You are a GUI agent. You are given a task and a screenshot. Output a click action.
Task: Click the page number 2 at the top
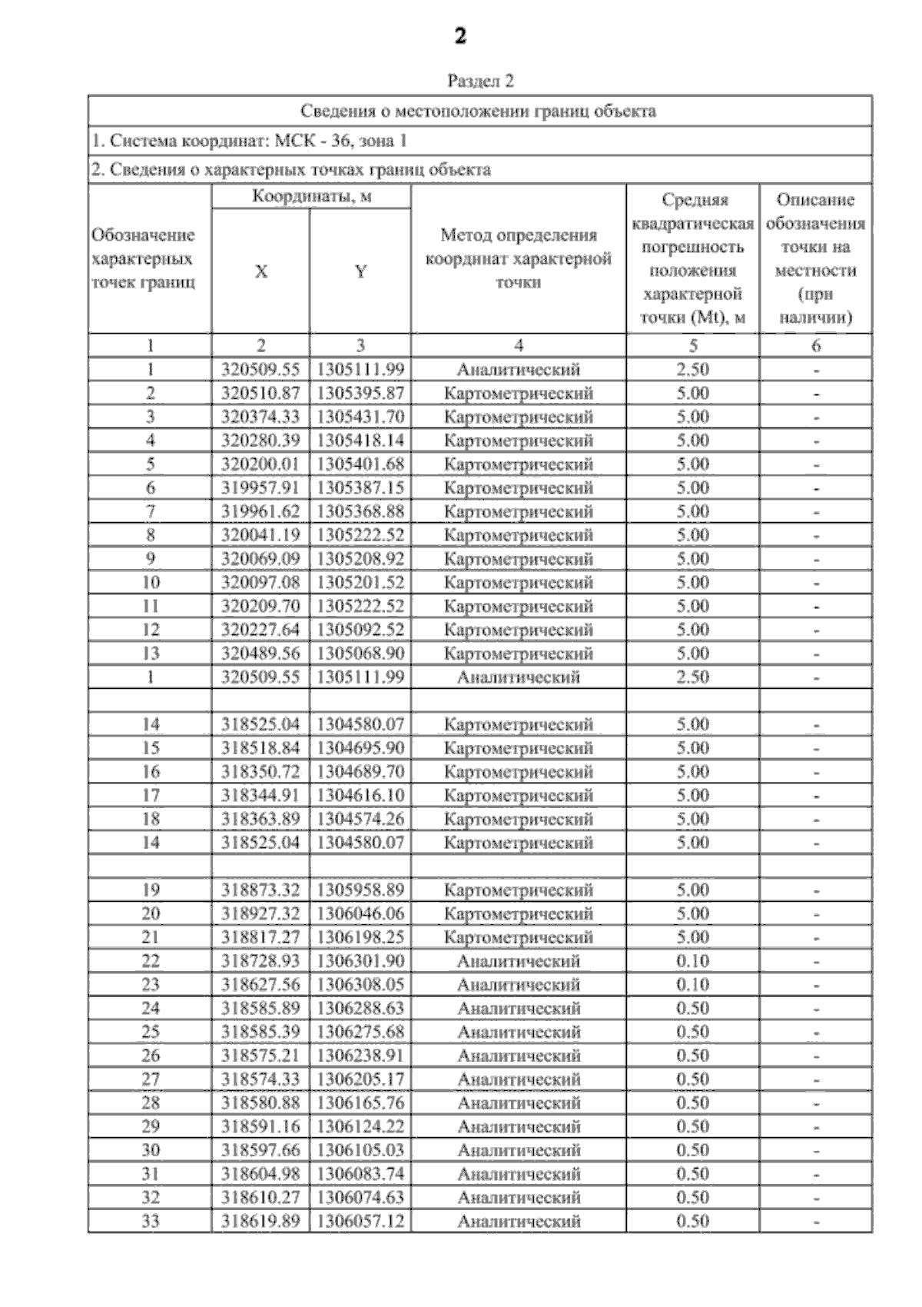click(460, 36)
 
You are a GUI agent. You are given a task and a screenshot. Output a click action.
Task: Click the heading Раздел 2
click(480, 81)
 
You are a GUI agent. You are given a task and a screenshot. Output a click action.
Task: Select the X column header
click(261, 271)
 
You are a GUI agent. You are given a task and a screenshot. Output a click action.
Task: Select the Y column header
click(360, 271)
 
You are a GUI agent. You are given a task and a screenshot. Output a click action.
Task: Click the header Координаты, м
click(311, 197)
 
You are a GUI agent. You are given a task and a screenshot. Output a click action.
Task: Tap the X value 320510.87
click(261, 393)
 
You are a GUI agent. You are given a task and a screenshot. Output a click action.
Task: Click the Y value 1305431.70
click(360, 417)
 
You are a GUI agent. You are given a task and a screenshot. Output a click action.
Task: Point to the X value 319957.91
click(261, 487)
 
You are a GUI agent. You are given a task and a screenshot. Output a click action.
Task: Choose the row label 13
click(151, 653)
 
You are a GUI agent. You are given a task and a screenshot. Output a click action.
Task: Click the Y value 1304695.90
click(360, 748)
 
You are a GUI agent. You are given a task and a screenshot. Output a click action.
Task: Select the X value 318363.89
click(261, 819)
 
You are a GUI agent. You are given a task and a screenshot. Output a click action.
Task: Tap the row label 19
click(151, 890)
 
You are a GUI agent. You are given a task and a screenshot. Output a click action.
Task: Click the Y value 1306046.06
click(360, 913)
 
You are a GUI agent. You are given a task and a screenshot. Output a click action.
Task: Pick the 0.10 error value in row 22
click(692, 961)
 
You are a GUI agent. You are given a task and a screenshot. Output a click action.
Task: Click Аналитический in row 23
click(519, 985)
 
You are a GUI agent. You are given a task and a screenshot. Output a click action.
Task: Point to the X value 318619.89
click(261, 1221)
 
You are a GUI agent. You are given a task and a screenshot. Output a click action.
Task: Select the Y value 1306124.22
click(360, 1126)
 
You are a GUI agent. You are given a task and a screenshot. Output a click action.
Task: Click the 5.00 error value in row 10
click(692, 582)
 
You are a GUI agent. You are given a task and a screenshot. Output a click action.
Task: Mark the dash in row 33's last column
click(816, 1222)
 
